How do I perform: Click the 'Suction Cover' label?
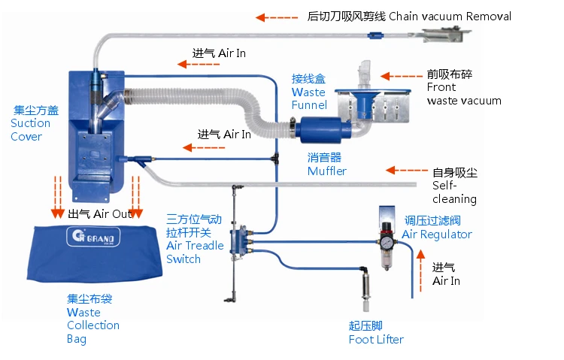pos(31,123)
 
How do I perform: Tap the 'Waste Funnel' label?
pos(308,92)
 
